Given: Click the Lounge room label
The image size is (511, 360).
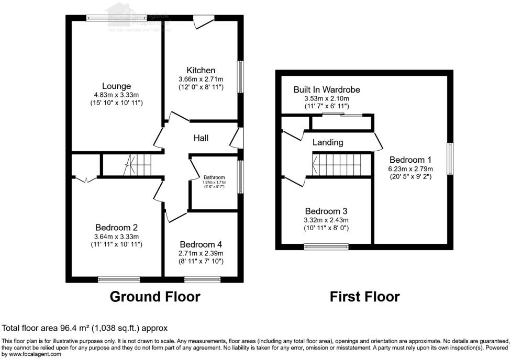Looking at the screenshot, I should point(116,86).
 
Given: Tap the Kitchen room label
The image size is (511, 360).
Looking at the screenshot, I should point(201,70).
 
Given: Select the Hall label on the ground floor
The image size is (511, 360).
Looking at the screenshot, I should point(201,138).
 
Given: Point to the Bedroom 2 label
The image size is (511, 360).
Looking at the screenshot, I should point(116,228).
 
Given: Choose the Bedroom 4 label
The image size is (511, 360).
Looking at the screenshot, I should point(201,244).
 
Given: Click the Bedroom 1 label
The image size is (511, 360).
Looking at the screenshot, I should point(410,160).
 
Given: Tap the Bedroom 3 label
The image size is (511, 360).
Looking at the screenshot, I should point(326,211).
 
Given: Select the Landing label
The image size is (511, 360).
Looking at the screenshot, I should point(328,142).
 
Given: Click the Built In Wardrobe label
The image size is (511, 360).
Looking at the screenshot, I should point(327,90).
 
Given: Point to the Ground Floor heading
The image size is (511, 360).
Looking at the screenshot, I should point(155,297).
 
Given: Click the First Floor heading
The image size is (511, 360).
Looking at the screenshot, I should point(365,297).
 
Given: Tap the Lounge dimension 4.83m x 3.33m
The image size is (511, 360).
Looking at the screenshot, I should point(116,95).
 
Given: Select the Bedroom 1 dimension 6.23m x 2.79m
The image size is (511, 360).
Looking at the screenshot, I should point(410,168).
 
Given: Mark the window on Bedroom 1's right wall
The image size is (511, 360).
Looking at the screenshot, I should point(450,159).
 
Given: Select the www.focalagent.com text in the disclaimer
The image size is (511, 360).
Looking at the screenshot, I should point(35,354).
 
